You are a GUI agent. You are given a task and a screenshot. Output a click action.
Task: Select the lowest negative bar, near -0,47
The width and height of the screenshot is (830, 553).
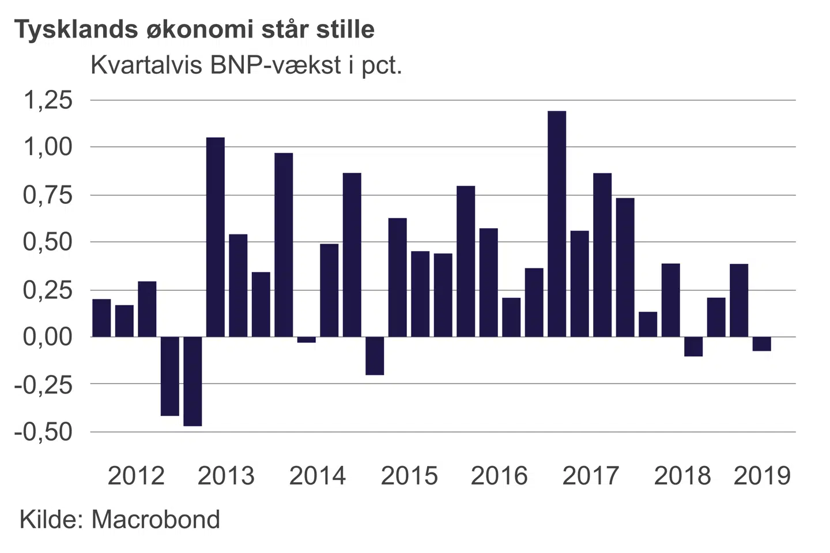[193, 381]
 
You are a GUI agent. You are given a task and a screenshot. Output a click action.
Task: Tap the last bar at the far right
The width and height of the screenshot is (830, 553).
[761, 344]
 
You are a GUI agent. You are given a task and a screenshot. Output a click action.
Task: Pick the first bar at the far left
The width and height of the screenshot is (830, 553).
[101, 318]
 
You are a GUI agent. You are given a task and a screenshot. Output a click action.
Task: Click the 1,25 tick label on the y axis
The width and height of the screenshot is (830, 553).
[48, 100]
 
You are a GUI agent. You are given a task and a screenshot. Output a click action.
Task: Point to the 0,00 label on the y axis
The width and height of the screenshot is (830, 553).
[48, 336]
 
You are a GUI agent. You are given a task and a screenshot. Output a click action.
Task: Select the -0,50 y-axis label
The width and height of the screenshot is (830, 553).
[44, 431]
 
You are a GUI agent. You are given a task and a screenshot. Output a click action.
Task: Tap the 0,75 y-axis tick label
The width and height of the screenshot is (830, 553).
[48, 195]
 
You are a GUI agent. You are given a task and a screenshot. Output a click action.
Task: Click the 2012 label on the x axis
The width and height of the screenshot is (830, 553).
[136, 476]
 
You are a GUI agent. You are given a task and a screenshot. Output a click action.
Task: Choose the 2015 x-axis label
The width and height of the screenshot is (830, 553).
[409, 476]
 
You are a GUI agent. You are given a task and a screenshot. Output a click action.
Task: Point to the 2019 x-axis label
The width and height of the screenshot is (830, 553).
[762, 476]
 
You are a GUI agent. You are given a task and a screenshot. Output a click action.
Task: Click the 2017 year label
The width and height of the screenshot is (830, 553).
[590, 476]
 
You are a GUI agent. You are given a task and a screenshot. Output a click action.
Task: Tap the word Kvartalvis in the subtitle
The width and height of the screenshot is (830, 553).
[146, 65]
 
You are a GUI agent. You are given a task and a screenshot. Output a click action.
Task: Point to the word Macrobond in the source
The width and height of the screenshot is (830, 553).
[156, 519]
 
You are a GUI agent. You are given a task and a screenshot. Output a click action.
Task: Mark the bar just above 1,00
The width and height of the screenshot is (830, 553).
[216, 237]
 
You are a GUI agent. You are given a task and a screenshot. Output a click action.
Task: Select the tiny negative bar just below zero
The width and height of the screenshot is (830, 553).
[306, 339]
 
